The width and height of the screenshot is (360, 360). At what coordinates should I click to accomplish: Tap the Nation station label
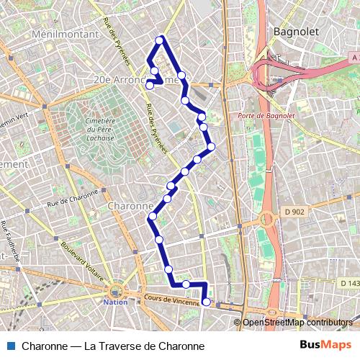pos(115,302)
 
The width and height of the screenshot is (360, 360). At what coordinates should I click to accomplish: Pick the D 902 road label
pos(292,211)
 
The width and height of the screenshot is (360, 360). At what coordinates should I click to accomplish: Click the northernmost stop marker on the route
pos(160,39)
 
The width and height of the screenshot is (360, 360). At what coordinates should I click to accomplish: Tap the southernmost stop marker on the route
pos(206,302)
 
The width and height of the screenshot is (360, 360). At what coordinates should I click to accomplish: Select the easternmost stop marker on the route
pos(211,147)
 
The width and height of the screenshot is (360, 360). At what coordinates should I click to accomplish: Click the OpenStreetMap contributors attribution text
pos(297,323)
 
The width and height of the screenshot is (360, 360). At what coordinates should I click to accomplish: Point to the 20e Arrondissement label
pos(137,81)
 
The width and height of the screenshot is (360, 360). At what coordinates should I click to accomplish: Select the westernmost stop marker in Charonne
pos(152,217)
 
